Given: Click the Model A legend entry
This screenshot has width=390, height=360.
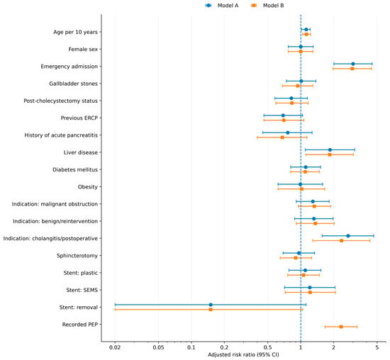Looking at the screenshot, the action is coord(222,6).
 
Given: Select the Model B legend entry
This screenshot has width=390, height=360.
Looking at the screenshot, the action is coord(267,6).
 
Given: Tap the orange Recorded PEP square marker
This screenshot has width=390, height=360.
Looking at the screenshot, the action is coord(341,327).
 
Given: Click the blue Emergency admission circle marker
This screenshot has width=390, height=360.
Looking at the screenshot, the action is coord(353,64).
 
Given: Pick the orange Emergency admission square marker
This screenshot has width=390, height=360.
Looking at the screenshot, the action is coord(352,69).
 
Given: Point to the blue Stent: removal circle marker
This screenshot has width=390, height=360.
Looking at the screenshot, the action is coord(211,305).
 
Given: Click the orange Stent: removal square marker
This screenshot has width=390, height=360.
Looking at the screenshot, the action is coord(211,310).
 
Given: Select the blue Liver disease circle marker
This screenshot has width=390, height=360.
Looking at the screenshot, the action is coord(330,150).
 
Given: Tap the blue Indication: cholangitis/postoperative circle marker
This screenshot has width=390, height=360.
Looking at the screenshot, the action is coord(348,236).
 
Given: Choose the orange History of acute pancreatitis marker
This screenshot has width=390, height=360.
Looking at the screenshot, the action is coord(282,137).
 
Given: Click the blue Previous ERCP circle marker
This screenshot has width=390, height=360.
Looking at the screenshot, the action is coord(283,116).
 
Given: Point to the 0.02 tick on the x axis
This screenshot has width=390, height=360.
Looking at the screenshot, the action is coord(115,342).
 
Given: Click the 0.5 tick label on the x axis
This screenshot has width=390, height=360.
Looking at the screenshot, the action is coord(267,347).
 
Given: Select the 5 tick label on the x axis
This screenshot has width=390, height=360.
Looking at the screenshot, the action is coord(377,347).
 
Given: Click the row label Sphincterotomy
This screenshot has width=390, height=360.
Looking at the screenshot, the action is coord(77,256).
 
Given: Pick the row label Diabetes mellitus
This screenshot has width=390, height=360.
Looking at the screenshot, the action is coord(75,169).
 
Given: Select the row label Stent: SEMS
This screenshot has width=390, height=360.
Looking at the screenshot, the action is coord(82,290).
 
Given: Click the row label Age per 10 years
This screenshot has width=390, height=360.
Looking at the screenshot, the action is coord(75,32).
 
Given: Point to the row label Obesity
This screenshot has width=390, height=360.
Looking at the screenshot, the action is coord(87,187).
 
